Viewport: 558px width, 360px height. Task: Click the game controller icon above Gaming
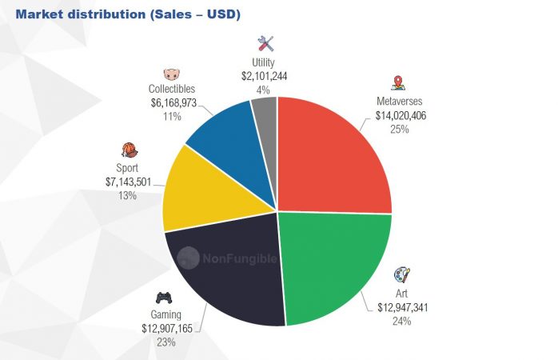coord(162,298)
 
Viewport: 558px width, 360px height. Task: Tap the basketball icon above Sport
coord(128,150)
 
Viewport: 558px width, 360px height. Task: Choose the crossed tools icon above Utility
coord(265,43)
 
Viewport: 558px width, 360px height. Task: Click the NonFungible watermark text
coord(237,258)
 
